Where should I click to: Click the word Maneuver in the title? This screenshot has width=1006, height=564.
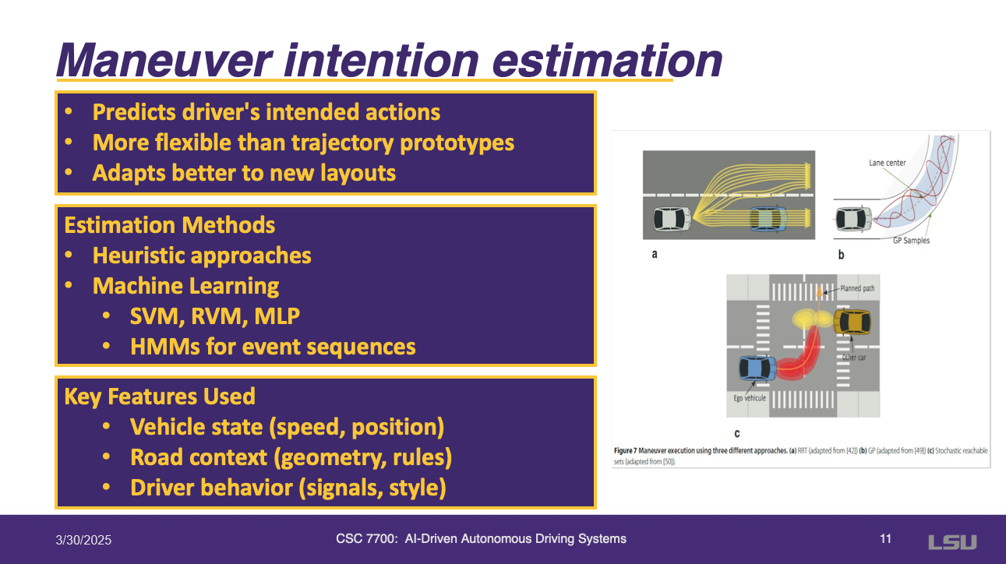click(x=164, y=61)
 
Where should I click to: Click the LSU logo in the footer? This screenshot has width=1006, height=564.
click(x=952, y=542)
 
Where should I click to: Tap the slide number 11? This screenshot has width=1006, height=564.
click(x=885, y=539)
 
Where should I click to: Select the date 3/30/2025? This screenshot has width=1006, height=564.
click(x=83, y=540)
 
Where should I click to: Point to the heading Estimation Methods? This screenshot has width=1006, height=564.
click(x=169, y=225)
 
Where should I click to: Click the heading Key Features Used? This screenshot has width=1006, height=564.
click(x=160, y=397)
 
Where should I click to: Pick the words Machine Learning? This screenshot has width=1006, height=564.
click(x=185, y=287)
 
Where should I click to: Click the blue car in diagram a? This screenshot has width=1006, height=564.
click(x=768, y=219)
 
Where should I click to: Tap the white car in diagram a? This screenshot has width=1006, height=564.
click(x=672, y=219)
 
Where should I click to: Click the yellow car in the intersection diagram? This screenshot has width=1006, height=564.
click(x=852, y=322)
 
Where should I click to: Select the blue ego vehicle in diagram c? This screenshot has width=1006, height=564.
click(x=757, y=368)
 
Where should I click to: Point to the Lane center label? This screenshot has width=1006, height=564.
click(x=887, y=163)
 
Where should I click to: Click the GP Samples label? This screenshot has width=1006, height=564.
click(x=911, y=241)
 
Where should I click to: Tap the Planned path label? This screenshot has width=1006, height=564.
click(x=857, y=288)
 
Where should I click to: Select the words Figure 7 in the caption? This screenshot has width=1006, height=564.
click(x=625, y=450)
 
